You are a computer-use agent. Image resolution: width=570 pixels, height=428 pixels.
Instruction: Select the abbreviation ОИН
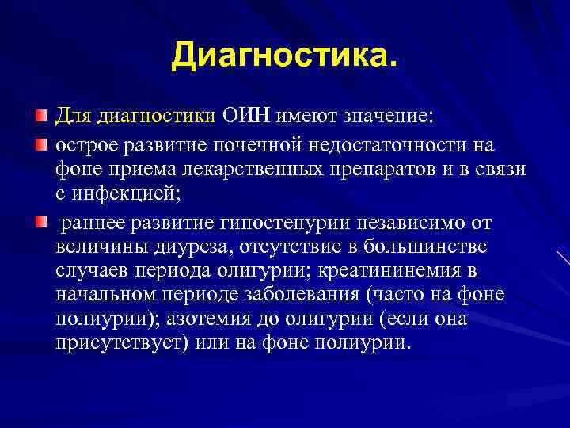click(249, 117)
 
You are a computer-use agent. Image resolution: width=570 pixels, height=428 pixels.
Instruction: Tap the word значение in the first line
click(388, 117)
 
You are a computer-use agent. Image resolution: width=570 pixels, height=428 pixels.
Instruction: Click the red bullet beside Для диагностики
click(40, 117)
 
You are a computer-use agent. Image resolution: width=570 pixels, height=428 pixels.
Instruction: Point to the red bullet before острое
click(40, 144)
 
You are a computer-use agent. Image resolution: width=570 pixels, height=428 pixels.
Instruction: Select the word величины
click(93, 246)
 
